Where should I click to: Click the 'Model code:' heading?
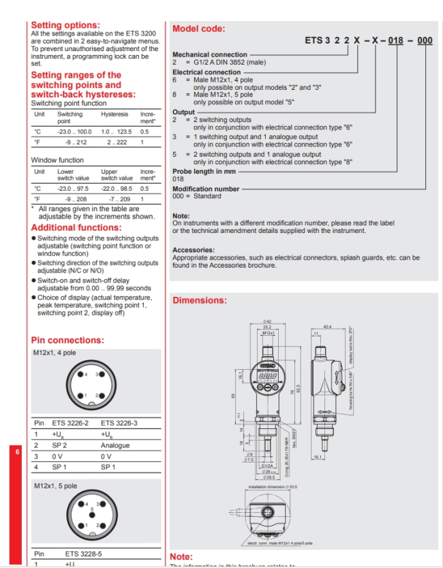click(198, 29)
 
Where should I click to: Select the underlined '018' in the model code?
click(395, 41)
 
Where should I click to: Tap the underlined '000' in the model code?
click(425, 41)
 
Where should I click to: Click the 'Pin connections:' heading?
click(67, 340)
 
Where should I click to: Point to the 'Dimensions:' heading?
click(200, 300)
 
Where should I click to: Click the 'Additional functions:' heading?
click(76, 227)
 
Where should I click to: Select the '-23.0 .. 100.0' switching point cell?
click(74, 131)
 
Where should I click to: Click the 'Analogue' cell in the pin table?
click(115, 445)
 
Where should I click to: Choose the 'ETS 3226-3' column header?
click(119, 423)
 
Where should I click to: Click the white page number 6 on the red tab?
click(18, 452)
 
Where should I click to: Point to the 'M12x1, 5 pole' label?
click(55, 486)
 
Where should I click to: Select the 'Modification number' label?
click(206, 189)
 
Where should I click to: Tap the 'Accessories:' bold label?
click(194, 250)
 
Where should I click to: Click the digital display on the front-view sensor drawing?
click(268, 365)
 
